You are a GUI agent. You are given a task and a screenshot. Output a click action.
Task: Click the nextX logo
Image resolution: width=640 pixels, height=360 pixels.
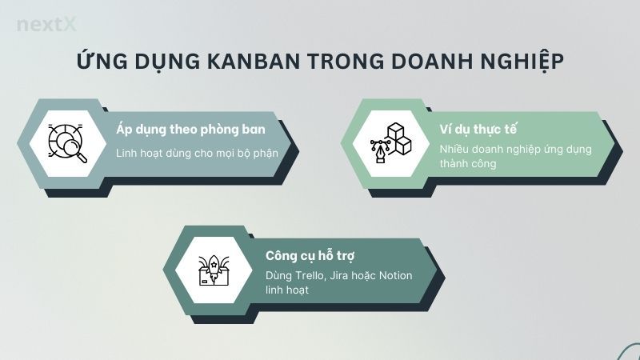point(46,25)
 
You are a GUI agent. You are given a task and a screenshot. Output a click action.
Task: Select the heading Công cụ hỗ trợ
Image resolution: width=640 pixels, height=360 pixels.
point(310,256)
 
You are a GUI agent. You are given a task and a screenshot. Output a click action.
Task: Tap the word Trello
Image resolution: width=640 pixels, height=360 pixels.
point(314,276)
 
